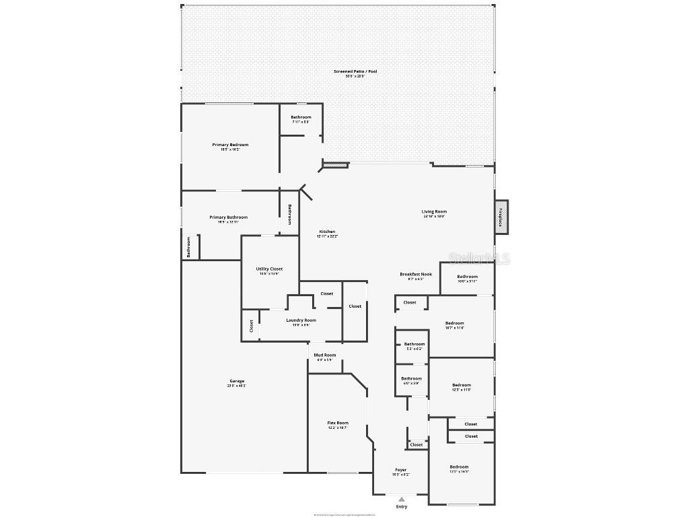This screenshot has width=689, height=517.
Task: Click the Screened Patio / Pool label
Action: click(x=355, y=71)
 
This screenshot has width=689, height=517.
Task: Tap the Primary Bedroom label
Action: click(x=230, y=145)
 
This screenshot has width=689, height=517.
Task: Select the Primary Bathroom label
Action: click(x=228, y=217)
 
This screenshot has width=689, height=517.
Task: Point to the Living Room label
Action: click(x=434, y=211)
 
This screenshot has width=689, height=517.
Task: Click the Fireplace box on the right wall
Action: click(x=501, y=217)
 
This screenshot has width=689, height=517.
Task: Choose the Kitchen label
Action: click(x=327, y=232)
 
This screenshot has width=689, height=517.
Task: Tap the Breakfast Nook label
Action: click(x=416, y=274)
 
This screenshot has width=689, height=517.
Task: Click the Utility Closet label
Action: click(x=269, y=269)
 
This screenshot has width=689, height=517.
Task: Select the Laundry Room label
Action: click(x=301, y=320)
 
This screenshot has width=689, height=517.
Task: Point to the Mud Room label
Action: click(x=325, y=355)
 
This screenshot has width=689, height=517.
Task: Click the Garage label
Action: click(x=236, y=381)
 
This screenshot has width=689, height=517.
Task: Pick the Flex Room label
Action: click(x=338, y=423)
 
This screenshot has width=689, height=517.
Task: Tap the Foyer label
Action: click(x=400, y=470)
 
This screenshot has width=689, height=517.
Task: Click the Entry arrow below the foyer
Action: click(x=402, y=499)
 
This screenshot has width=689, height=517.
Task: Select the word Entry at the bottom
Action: click(x=402, y=507)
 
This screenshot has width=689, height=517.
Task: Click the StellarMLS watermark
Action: click(x=479, y=258)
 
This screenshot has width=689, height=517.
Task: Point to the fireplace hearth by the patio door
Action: click(x=336, y=164)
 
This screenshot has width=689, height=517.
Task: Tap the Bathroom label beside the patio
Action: click(x=301, y=117)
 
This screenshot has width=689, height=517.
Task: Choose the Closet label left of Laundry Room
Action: click(x=252, y=326)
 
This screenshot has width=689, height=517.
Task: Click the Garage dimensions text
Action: click(x=236, y=386)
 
